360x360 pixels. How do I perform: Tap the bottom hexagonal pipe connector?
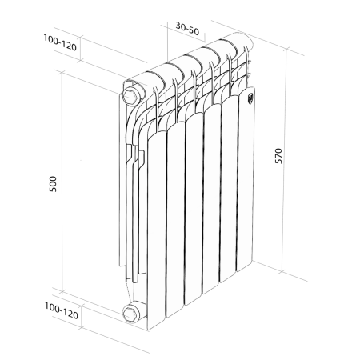131,313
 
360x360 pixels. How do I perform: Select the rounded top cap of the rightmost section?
238,44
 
